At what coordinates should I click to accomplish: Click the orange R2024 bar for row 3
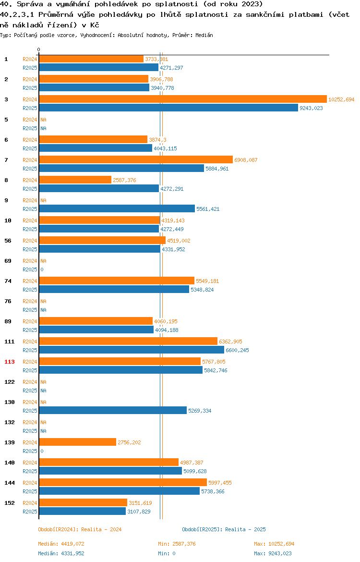click(x=182, y=99)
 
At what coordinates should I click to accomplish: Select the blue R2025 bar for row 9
click(x=117, y=208)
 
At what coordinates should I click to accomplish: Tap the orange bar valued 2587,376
click(x=75, y=180)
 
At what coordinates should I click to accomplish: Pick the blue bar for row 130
click(x=113, y=410)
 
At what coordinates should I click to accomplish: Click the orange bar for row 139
click(x=77, y=442)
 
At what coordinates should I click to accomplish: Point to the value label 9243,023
click(x=311, y=108)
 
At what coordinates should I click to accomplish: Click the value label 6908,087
click(x=246, y=160)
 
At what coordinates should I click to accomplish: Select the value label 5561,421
click(x=208, y=209)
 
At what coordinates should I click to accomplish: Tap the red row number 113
click(x=9, y=362)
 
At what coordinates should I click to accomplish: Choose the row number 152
click(x=9, y=503)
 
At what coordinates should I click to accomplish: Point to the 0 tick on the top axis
click(x=39, y=50)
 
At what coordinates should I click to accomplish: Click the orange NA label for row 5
click(x=43, y=120)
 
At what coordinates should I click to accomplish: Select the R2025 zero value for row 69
click(x=42, y=269)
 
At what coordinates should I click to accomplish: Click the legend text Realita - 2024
click(x=101, y=529)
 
